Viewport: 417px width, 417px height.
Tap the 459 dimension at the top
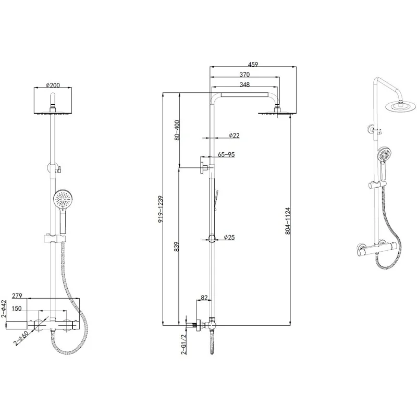[253, 65]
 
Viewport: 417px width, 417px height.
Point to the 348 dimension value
[244, 84]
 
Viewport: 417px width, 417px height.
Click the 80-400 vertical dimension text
[177, 130]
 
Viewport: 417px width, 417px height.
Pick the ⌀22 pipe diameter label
[234, 136]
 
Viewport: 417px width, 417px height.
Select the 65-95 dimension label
[227, 155]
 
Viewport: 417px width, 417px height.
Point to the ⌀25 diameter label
[229, 237]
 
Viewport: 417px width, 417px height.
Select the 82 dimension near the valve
[204, 298]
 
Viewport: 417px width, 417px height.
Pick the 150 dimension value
[18, 309]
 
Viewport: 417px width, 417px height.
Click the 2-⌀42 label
[4, 309]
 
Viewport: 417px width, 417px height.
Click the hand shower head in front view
[62, 200]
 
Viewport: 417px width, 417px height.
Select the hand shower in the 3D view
[384, 155]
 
